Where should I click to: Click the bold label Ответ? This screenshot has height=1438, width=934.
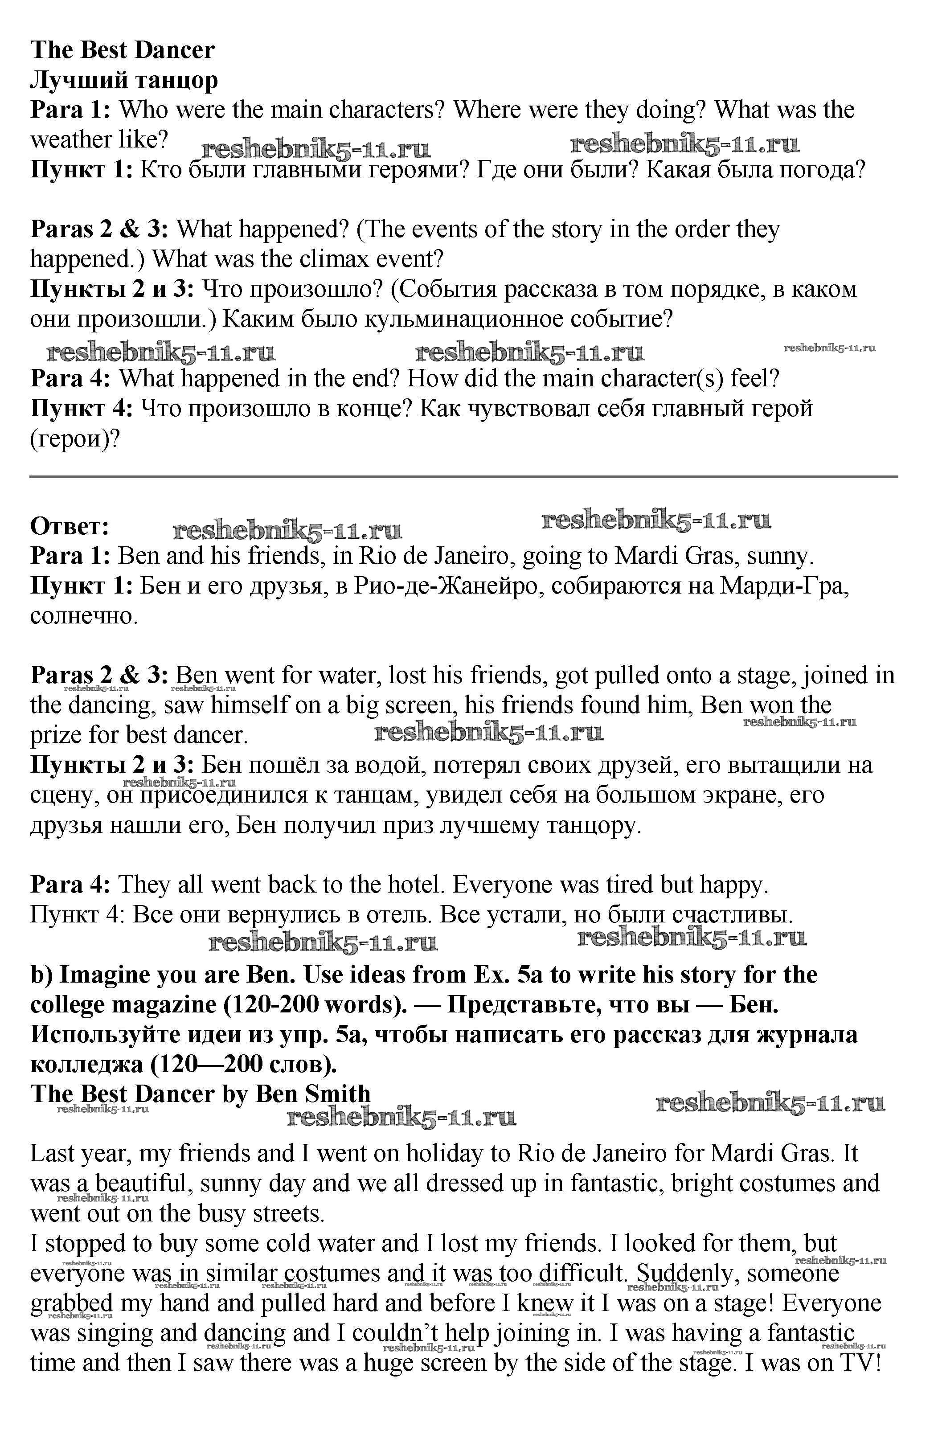click(70, 526)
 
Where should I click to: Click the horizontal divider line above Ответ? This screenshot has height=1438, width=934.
click(463, 477)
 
